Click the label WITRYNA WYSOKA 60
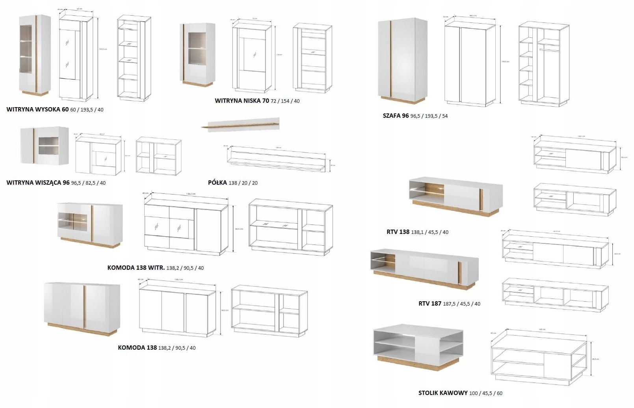tap(37, 109)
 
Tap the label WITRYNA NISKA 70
tap(242, 101)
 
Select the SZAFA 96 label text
tap(396, 116)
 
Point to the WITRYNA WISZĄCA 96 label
tap(38, 183)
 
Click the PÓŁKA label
tap(218, 183)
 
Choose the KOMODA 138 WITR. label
tap(136, 268)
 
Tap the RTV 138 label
tap(398, 232)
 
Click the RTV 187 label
tap(429, 304)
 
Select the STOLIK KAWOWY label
tap(443, 393)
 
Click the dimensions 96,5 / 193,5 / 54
tap(429, 116)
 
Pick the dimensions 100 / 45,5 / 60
tap(486, 393)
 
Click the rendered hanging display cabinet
tap(45, 146)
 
